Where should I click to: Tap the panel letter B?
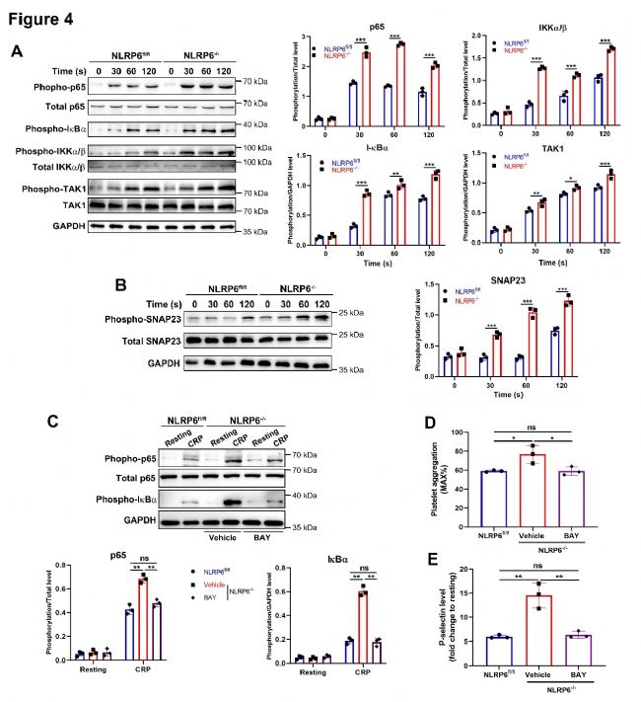[121, 286]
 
